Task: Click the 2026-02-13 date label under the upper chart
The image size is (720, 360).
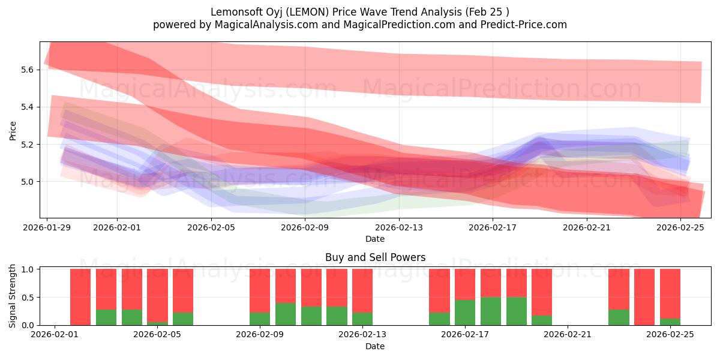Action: [x=399, y=228]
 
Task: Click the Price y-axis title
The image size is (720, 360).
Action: [x=13, y=130]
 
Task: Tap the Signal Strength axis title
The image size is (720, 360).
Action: [x=13, y=296]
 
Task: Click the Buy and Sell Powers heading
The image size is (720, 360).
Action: [x=375, y=257]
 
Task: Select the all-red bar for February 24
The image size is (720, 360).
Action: [x=644, y=297]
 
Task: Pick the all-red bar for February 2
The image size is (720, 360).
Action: [x=80, y=297]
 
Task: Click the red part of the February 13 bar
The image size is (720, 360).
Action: [x=362, y=290]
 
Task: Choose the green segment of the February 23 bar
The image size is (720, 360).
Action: [x=619, y=317]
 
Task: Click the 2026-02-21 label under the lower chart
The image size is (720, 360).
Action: [x=568, y=335]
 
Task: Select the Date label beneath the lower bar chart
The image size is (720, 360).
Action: [x=375, y=346]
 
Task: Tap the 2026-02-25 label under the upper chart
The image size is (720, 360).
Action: [x=680, y=228]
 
